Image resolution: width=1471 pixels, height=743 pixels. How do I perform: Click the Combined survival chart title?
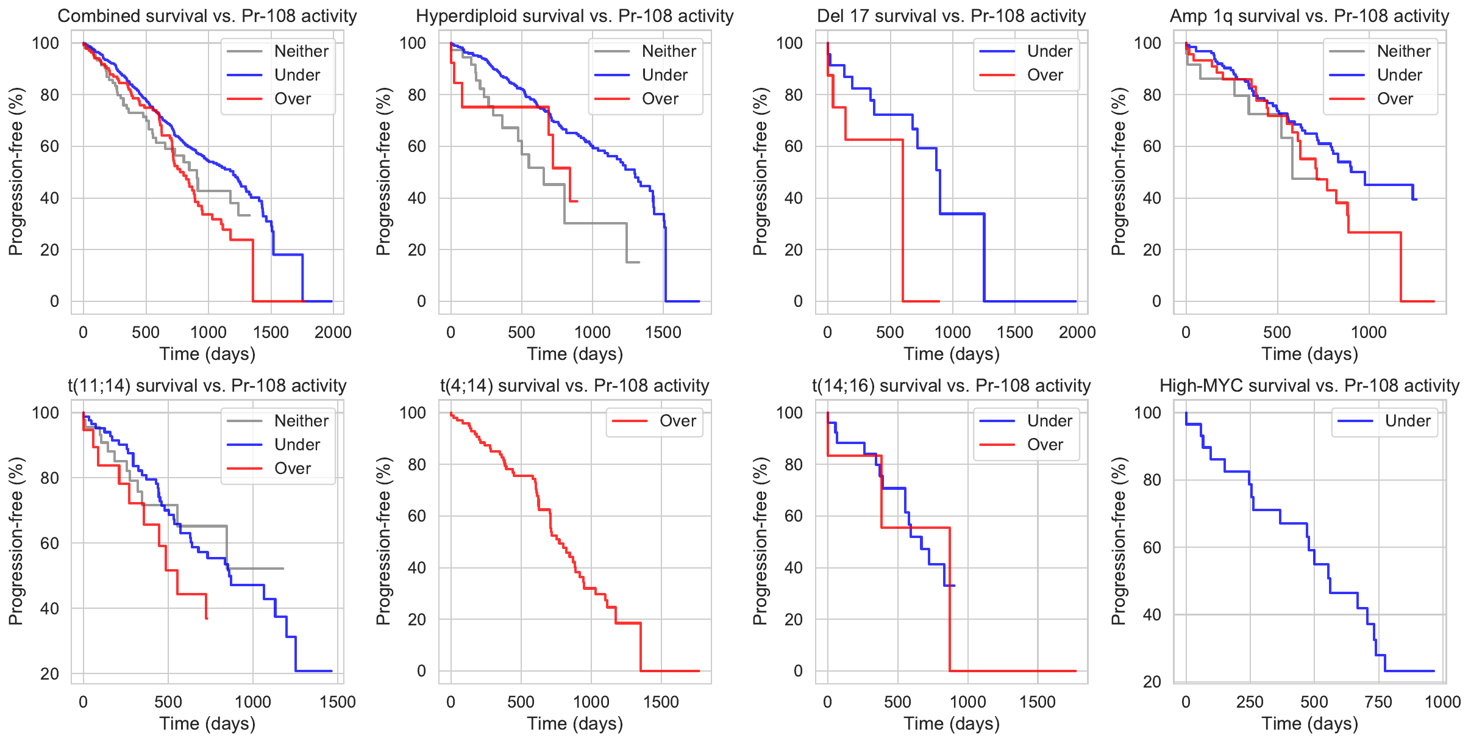coord(207,16)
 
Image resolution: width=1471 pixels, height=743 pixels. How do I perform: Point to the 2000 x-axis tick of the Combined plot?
coord(333,332)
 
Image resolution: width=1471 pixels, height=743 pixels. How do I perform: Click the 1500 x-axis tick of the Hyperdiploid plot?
coord(663,332)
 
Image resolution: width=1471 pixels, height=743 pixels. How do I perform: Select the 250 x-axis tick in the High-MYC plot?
coord(1250,702)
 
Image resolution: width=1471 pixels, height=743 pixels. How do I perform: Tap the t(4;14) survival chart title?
coord(574,386)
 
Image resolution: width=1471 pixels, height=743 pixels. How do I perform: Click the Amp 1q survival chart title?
coord(1309,16)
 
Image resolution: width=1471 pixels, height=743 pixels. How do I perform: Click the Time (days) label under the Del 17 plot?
coord(951,354)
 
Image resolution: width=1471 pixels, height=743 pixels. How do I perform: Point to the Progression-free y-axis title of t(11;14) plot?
coord(16,541)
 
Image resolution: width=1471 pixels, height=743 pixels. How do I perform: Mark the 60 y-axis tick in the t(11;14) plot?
coord(49,543)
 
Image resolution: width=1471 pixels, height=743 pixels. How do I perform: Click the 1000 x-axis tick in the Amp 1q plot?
coord(1369,332)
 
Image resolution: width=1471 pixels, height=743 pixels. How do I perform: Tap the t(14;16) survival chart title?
coord(951,386)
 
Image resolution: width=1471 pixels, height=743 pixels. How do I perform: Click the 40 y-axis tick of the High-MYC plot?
coord(1152,615)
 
